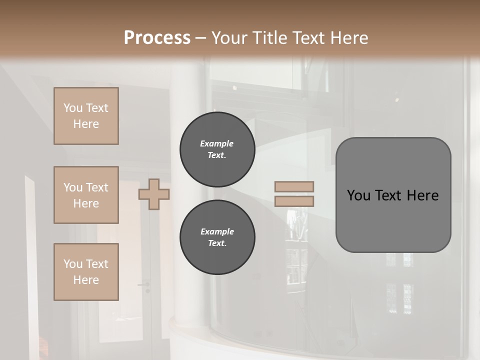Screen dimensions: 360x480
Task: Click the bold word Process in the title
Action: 157,38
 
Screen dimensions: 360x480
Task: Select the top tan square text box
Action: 86,116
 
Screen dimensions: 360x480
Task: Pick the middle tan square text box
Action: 86,195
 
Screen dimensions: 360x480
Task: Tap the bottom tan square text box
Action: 86,272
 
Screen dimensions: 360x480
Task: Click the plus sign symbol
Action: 154,194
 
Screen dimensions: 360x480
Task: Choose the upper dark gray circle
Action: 217,149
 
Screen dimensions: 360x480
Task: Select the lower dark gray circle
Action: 217,237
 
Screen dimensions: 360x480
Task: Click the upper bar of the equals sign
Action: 294,187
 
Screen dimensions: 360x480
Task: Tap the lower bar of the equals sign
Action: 294,201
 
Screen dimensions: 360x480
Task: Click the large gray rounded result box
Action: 393,220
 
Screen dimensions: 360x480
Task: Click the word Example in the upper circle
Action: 217,143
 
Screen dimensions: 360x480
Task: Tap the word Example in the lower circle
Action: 217,231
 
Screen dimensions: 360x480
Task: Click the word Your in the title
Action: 228,38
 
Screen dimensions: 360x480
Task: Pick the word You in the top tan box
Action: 73,108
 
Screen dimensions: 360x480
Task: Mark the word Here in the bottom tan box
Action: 86,280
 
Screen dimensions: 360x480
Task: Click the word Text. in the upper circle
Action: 217,155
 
